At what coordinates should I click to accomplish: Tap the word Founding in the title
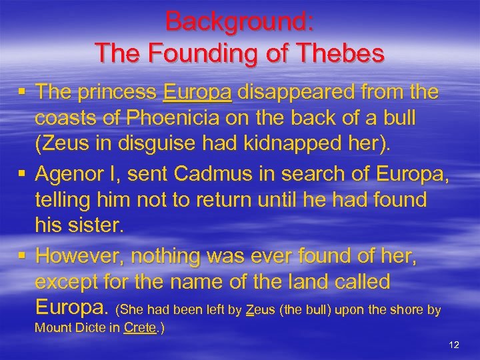[x=217, y=51]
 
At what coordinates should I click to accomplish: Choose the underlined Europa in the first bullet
[x=197, y=92]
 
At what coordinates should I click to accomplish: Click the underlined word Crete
[x=140, y=328]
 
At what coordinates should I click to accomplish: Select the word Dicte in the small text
[x=97, y=328]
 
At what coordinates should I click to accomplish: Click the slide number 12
[x=455, y=345]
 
